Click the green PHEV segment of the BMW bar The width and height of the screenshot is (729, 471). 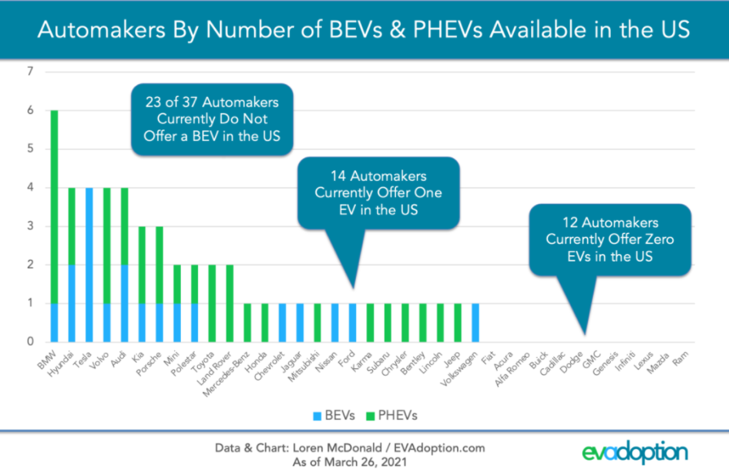pos(55,207)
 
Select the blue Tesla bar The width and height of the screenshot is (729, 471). pos(90,265)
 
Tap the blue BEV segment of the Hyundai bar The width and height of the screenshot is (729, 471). pos(72,303)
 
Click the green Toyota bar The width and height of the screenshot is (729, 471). pos(213,303)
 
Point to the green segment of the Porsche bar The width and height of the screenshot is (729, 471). pos(160,265)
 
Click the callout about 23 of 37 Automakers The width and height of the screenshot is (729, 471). pos(212,119)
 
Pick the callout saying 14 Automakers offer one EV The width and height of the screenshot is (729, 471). pos(378,192)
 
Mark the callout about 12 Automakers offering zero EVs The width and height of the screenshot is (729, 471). pos(609,239)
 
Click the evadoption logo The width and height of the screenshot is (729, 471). pos(635,451)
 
